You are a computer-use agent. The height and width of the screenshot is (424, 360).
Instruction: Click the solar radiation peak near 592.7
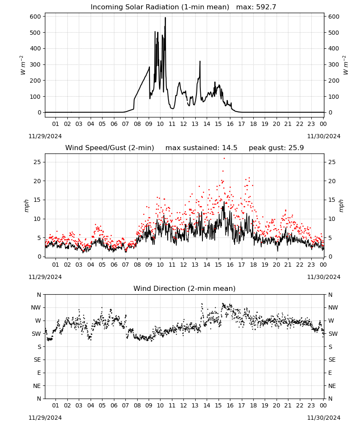[x=165, y=18]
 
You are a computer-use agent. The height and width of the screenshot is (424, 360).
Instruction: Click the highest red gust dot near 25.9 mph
[x=224, y=159]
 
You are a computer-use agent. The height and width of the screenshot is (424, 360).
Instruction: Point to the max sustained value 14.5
[x=230, y=148]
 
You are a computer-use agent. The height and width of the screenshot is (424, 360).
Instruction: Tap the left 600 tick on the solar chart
[x=36, y=17]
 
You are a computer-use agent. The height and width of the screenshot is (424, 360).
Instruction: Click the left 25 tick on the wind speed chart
[x=37, y=162]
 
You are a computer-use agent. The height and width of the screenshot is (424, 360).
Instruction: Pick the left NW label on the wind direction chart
[x=36, y=308]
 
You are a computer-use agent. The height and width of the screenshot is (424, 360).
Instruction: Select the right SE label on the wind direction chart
[x=332, y=360]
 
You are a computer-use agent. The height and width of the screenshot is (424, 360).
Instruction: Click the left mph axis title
[x=26, y=206]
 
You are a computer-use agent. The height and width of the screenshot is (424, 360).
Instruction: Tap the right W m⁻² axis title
[x=346, y=65]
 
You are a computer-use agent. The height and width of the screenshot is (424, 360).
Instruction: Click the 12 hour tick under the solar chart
[x=183, y=124]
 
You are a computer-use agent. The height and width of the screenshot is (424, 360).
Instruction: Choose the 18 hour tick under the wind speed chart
[x=253, y=265]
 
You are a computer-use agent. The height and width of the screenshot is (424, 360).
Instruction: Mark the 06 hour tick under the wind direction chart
[x=114, y=405]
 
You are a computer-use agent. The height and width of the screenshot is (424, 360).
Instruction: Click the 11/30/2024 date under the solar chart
[x=324, y=136]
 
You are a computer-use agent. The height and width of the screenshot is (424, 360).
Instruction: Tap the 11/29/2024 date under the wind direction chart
[x=45, y=418]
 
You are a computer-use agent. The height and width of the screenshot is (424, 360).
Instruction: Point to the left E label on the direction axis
[x=39, y=373]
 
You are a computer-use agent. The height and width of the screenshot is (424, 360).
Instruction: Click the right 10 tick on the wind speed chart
[x=332, y=219]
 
